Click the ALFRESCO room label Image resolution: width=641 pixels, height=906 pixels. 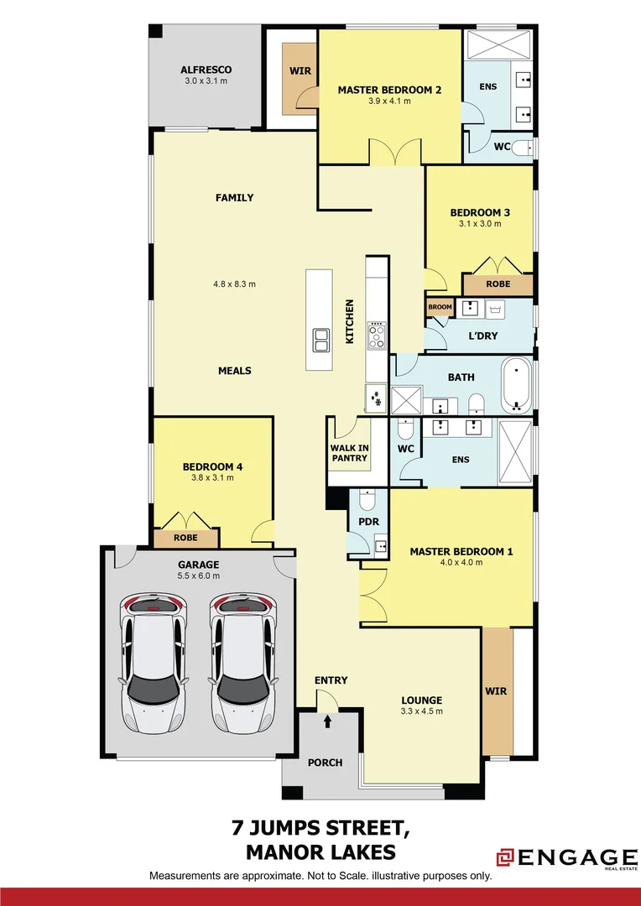pos(206,70)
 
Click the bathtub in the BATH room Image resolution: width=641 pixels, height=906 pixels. pos(516,385)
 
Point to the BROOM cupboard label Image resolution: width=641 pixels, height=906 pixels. pos(440,307)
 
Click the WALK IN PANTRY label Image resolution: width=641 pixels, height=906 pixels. pos(349,453)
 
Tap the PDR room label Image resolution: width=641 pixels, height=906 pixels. pos(369,522)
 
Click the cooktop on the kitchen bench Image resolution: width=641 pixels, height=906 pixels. pos(377,336)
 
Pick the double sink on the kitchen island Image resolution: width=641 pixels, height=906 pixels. pos(321,339)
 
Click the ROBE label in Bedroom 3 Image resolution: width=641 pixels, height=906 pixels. pos(498,284)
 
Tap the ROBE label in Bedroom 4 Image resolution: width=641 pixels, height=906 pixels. pos(185,537)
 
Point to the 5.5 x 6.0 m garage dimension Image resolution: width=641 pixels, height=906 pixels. pos(198,576)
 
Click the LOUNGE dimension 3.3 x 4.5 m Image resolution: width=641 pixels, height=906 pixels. pos(421,711)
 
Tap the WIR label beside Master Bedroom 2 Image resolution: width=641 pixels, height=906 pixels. pos(300,71)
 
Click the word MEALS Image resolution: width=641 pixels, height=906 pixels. pos(235,371)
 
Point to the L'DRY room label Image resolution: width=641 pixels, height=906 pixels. pos(482,336)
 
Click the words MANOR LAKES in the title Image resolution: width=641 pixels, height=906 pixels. pos(320,853)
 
